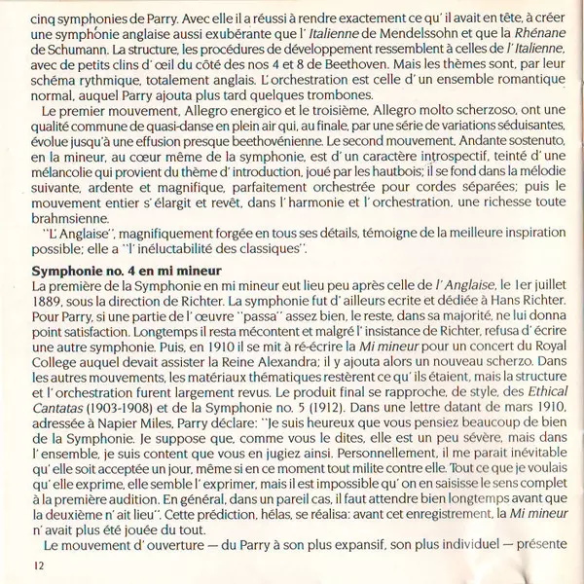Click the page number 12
pyautogui.click(x=38, y=565)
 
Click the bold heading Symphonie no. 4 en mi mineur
pyautogui.click(x=128, y=269)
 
